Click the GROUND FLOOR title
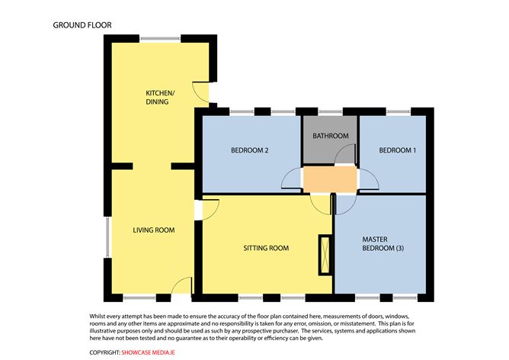82,25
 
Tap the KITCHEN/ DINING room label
157,98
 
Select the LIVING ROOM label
154,230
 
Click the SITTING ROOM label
266,248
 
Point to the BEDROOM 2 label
250,150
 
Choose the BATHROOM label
331,136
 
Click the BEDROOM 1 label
397,150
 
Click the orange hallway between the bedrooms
330,179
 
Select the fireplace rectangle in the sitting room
325,255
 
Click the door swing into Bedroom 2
293,180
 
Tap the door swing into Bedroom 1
369,180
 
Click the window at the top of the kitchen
160,37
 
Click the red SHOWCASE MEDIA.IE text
152,352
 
